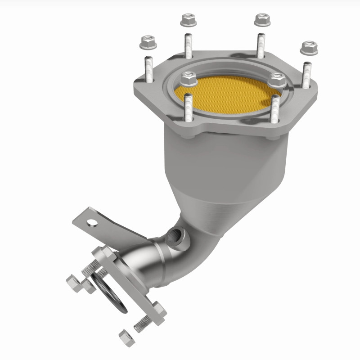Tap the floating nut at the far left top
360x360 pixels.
(x=148, y=42)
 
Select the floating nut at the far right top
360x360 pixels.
(x=309, y=47)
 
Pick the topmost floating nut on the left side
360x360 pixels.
(x=189, y=20)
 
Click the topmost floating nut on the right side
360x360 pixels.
(x=262, y=19)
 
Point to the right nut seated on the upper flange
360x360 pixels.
(x=276, y=81)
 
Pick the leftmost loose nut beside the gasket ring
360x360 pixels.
(x=74, y=283)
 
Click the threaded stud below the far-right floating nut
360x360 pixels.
(x=306, y=75)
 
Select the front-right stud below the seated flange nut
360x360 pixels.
(x=275, y=110)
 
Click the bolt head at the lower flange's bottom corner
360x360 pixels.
(x=158, y=310)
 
